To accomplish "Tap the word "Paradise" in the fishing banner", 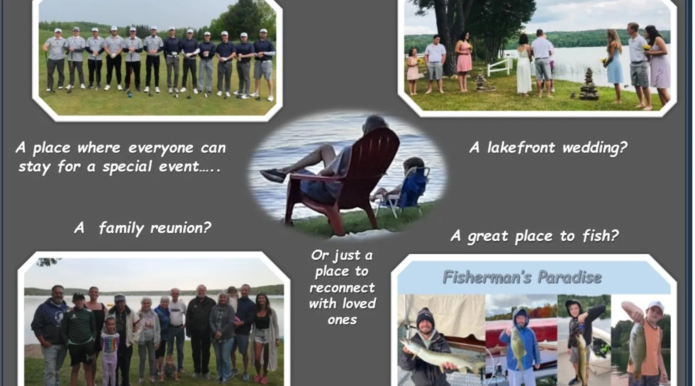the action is point(570,277).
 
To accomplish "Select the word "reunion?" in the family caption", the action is point(181,228).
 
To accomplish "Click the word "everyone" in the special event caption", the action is point(161,148).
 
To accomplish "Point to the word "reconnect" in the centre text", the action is point(342,288).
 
